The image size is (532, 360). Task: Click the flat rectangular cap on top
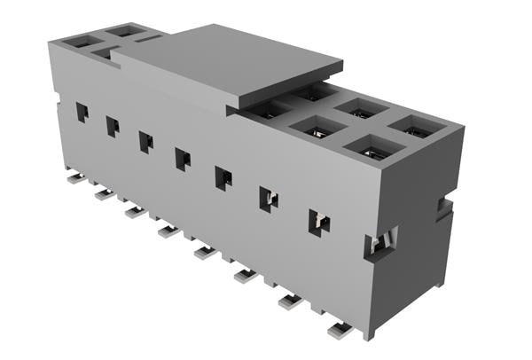pyautogui.click(x=226, y=62)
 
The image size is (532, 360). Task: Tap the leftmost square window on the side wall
pyautogui.click(x=82, y=112)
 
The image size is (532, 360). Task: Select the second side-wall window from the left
pyautogui.click(x=113, y=126)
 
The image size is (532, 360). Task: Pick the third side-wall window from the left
pyautogui.click(x=145, y=141)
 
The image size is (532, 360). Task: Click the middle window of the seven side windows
pyautogui.click(x=182, y=158)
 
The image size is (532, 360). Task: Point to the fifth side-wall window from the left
pyautogui.click(x=223, y=177)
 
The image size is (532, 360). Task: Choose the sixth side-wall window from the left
pyautogui.click(x=268, y=199)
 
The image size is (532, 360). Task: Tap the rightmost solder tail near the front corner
pyautogui.click(x=340, y=330)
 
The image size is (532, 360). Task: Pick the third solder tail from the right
pyautogui.click(x=246, y=276)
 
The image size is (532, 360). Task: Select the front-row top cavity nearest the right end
pyautogui.click(x=374, y=148)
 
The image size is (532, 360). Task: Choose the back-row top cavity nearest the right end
pyautogui.click(x=415, y=127)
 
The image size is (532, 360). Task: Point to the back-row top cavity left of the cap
pyautogui.click(x=127, y=31)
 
